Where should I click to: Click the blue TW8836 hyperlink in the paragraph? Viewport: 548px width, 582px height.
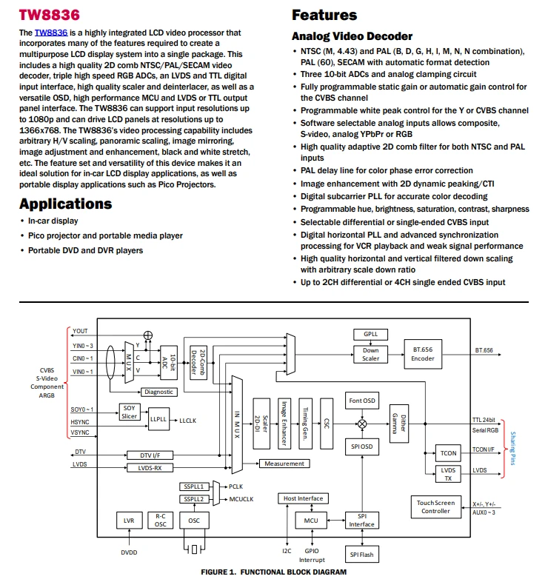[51, 33]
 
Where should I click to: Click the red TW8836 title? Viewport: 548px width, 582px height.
[50, 15]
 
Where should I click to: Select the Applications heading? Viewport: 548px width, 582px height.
[66, 204]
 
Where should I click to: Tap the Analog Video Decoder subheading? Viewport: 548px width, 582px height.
[352, 36]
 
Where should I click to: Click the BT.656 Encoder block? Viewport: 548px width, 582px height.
[423, 354]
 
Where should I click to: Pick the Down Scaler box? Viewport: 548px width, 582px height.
[370, 355]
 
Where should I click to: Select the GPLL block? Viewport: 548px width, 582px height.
[370, 334]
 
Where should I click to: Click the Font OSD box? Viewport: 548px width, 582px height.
[362, 401]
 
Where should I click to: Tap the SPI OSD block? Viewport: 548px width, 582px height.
[362, 446]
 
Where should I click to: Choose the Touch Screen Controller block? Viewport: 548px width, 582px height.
[436, 506]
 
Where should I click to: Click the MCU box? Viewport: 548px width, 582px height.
[311, 521]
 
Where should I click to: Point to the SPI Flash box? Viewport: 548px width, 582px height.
[361, 555]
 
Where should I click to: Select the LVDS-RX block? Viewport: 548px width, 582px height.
[150, 468]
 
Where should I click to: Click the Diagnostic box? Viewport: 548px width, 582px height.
[159, 392]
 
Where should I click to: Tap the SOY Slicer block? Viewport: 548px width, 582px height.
[129, 412]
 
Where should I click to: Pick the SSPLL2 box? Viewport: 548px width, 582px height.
[194, 499]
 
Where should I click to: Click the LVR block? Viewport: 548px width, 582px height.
[129, 521]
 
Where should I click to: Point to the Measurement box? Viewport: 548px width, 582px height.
[284, 464]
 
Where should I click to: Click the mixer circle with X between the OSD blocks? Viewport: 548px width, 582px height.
[362, 424]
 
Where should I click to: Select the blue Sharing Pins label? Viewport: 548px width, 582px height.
[512, 449]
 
